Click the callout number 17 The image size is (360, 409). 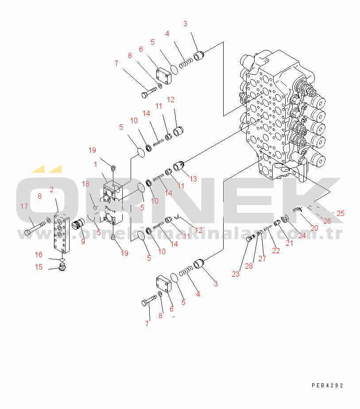pos(24,206)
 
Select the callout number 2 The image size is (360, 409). pos(52,190)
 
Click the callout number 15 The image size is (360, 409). pos(39,267)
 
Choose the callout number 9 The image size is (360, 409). pos(82,241)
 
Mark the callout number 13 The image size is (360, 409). pos(193,179)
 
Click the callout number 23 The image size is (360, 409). pos(235,274)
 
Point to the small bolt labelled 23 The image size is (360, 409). pos(249,239)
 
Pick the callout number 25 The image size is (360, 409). pos(340,213)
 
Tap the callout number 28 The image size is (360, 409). pos(249,266)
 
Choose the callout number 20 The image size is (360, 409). pos(314,228)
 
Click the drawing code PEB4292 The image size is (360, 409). pos(327,386)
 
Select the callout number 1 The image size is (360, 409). pos(95,164)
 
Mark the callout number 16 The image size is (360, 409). pos(39,255)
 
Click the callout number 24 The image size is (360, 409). pos(302,236)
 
